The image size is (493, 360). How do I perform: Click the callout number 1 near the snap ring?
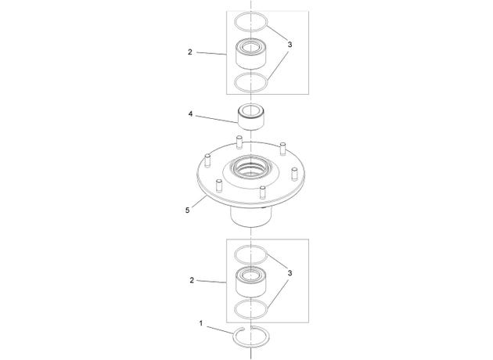coord(201,323)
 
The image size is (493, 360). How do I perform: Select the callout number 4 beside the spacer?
coord(190,113)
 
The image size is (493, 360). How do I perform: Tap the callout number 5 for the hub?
coord(187,210)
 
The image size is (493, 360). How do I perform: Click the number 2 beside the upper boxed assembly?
coord(190,52)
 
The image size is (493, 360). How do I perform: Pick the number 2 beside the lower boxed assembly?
coord(192,280)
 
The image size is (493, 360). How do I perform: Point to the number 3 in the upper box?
coord(290,45)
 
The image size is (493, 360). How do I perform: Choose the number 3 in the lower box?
coord(290,273)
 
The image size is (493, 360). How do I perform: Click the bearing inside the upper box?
coord(251,54)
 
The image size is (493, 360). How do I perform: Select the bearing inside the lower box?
coord(251,282)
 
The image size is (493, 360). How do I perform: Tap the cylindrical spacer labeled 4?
coord(250,117)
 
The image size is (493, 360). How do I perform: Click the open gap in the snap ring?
coord(248,329)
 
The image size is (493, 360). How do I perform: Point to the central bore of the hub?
coord(250,167)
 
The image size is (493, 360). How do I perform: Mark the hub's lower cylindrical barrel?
coord(250,216)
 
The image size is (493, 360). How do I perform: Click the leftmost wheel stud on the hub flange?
coord(207,160)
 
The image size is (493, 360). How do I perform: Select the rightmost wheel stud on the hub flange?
coord(294,174)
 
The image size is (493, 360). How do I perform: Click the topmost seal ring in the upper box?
coord(251,21)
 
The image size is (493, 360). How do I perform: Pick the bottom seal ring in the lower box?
coord(251,308)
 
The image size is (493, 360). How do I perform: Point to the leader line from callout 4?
coord(218,119)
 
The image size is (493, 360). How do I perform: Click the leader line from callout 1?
coord(221,330)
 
